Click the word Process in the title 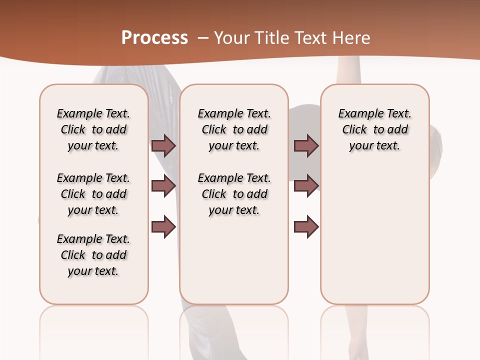[x=154, y=37]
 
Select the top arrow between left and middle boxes [x=163, y=145]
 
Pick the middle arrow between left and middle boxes [x=163, y=186]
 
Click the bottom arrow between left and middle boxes [x=163, y=226]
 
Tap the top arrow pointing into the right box [x=306, y=145]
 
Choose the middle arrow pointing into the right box [x=306, y=186]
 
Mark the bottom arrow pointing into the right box [x=306, y=226]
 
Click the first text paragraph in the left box [x=93, y=129]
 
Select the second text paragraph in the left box [x=93, y=194]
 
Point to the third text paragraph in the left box [x=93, y=255]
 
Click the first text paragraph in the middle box [x=234, y=129]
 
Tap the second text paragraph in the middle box [x=234, y=194]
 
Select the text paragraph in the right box [x=374, y=129]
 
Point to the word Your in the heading [x=230, y=37]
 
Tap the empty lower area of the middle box [x=234, y=260]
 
